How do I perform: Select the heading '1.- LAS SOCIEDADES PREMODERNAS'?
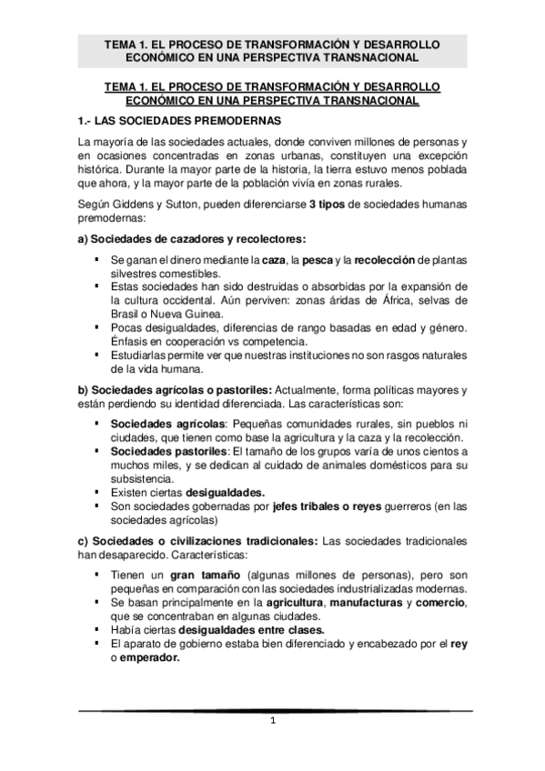pos(180,121)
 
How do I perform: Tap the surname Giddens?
pos(138,205)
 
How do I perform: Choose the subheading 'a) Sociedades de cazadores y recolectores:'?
pos(192,239)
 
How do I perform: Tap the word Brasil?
pos(127,315)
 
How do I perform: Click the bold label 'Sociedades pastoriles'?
pos(169,451)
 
